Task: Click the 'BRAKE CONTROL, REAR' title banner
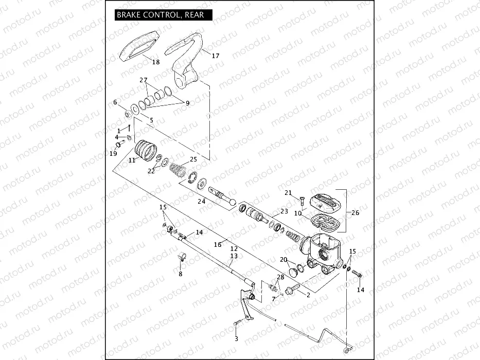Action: [160, 15]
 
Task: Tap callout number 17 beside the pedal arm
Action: [215, 56]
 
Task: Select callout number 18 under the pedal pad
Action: [155, 62]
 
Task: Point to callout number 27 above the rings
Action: [144, 80]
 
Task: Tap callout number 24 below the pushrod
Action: [202, 202]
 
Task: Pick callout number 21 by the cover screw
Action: [288, 193]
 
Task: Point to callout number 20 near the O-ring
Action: [282, 260]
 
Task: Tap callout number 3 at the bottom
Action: [236, 339]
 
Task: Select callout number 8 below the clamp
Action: [180, 274]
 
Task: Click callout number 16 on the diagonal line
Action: [217, 244]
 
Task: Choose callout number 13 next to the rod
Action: [234, 256]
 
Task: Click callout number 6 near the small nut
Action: [115, 102]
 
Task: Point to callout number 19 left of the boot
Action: [113, 153]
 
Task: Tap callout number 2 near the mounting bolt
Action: [308, 295]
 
